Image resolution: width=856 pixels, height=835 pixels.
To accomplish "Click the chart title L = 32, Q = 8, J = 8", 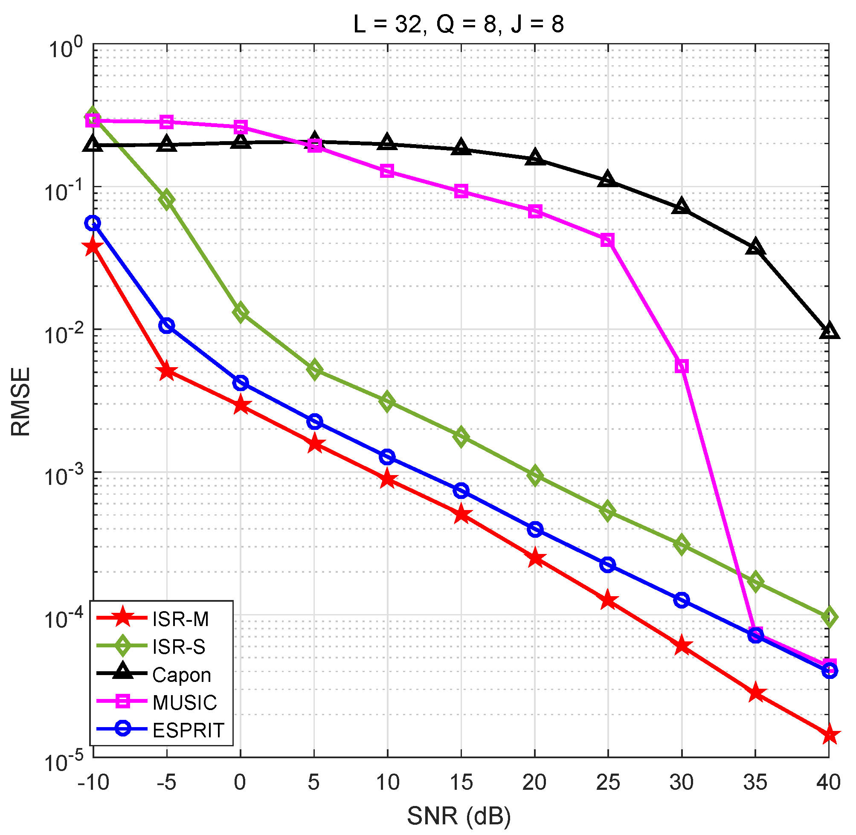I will (458, 24).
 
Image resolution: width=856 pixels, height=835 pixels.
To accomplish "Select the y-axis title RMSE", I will (21, 402).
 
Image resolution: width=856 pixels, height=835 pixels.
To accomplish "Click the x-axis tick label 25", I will (608, 782).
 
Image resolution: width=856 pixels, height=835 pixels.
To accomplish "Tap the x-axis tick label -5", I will (166, 782).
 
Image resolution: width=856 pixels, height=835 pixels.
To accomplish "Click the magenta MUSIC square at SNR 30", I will (682, 366).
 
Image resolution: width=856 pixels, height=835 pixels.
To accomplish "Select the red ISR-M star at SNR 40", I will (829, 736).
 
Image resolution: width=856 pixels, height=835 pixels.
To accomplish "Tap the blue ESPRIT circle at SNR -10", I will (93, 223).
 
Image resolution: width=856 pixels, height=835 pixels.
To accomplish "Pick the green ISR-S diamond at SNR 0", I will (240, 313).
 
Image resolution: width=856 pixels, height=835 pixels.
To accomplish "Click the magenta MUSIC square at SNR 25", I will (607, 241).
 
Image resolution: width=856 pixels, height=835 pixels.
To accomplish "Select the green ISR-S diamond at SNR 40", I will (829, 617).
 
